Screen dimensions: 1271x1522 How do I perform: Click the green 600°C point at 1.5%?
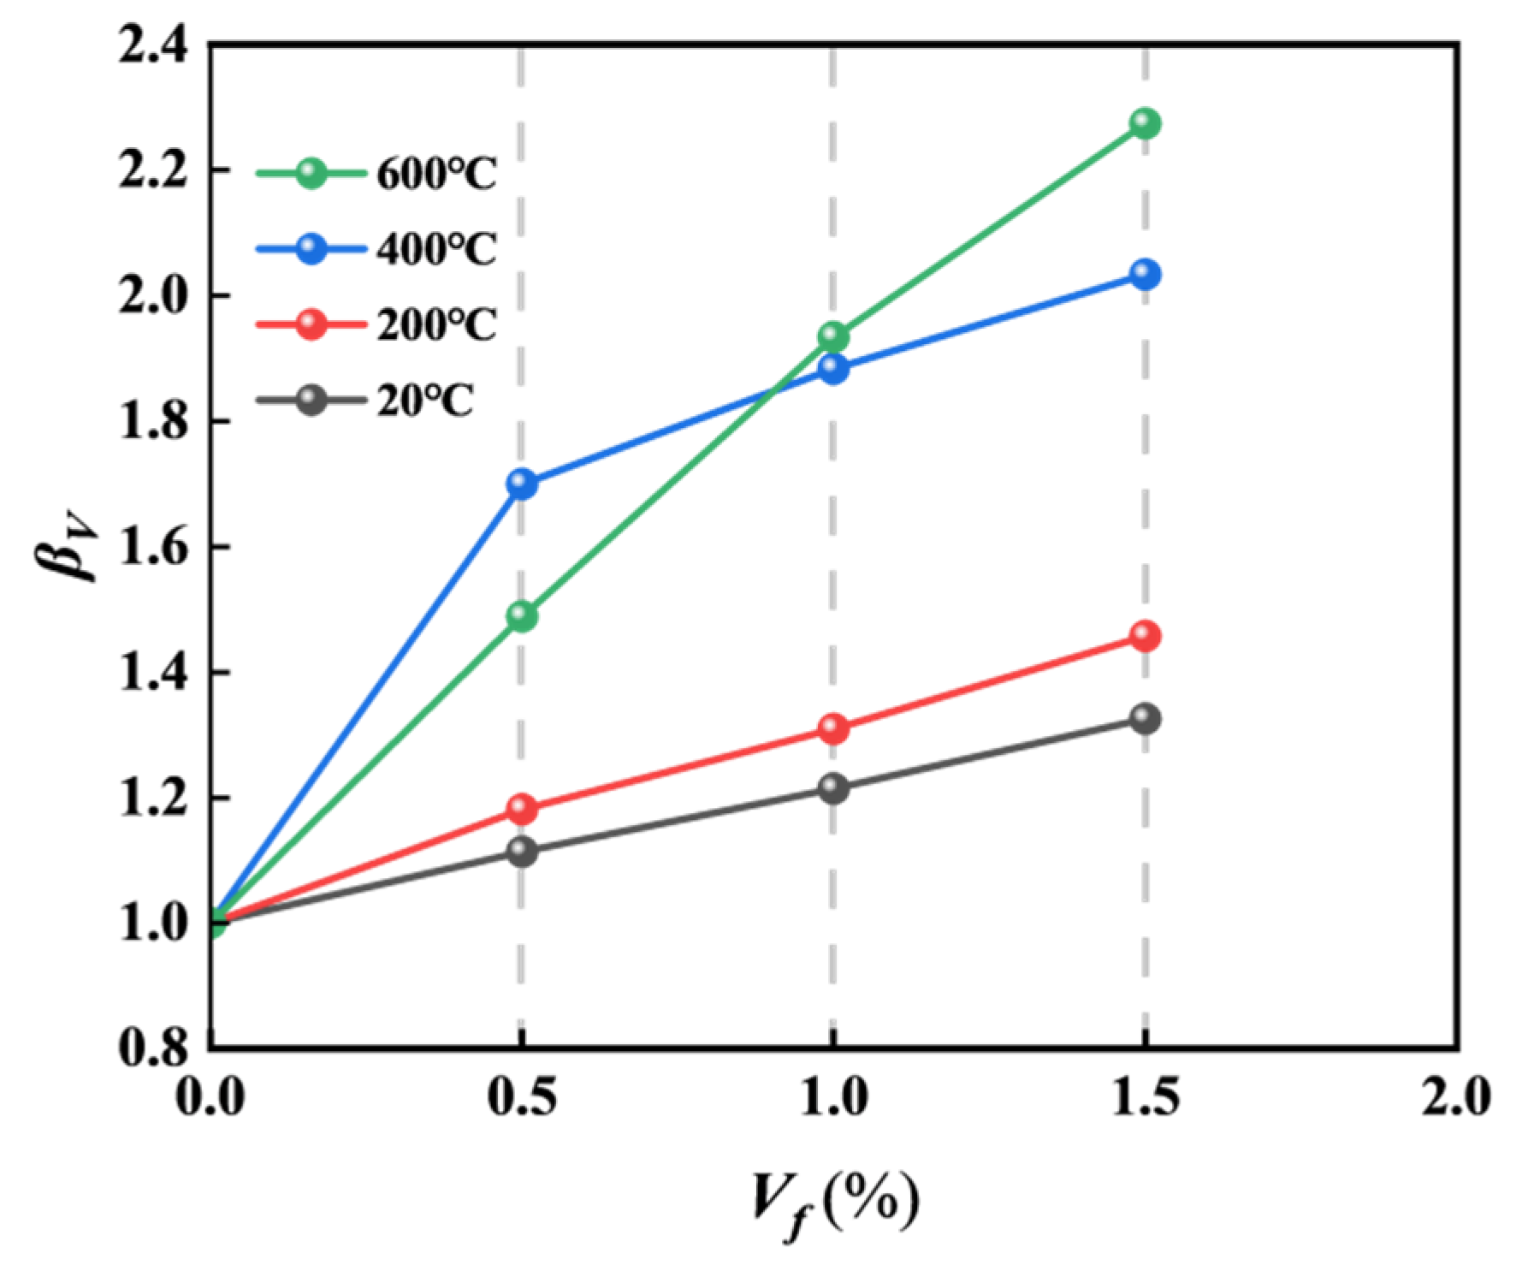[x=1145, y=123]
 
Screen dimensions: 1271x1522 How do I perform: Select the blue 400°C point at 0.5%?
[x=521, y=484]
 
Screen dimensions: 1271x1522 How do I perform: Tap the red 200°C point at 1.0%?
[x=833, y=729]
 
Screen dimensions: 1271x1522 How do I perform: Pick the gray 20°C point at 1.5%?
[x=1145, y=718]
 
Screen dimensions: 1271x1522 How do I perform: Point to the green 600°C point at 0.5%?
[x=521, y=615]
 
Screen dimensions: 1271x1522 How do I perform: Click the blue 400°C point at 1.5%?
[x=1145, y=275]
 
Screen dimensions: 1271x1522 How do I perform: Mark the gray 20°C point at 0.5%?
[x=521, y=851]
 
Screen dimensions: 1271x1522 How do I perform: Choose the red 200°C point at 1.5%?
[x=1145, y=636]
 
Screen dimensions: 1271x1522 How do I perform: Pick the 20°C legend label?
[x=424, y=401]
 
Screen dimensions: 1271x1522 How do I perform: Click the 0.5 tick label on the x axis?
[x=521, y=1098]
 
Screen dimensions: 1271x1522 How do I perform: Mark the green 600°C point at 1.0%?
[x=833, y=336]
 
